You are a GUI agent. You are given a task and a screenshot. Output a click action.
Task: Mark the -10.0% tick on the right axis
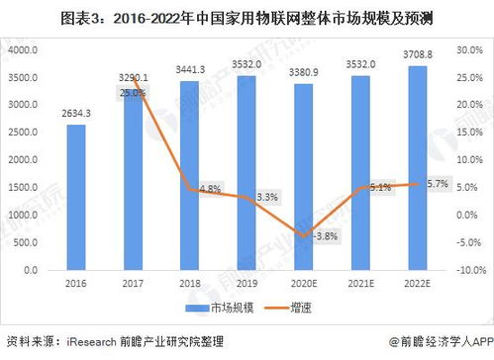[469, 269]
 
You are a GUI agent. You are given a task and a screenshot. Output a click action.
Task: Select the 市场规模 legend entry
[231, 309]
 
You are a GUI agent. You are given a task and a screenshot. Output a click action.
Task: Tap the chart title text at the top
[247, 17]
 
